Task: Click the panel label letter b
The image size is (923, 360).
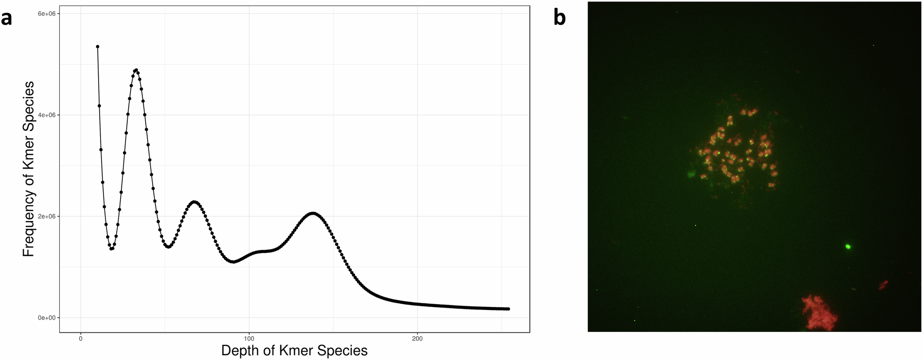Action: (x=560, y=17)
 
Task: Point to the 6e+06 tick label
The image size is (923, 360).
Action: (x=47, y=14)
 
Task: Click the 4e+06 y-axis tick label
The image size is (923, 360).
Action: (x=47, y=115)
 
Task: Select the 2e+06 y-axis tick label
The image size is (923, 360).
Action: (x=47, y=216)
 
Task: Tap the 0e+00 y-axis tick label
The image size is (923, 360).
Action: (x=47, y=318)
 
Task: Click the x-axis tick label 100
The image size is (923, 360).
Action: (x=249, y=338)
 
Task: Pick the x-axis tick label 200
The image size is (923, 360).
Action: (x=417, y=338)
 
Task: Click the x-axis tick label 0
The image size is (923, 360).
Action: (x=81, y=338)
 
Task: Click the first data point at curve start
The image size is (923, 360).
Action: (x=98, y=47)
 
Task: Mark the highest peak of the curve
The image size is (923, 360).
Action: (x=136, y=70)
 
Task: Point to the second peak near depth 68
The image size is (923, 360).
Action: (x=194, y=202)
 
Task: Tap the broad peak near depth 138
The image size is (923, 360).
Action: (x=313, y=213)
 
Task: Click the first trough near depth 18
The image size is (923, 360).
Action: (x=111, y=249)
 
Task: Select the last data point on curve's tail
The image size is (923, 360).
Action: (x=508, y=309)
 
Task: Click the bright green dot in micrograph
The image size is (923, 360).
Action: (x=848, y=247)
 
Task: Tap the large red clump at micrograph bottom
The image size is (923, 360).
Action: (x=819, y=313)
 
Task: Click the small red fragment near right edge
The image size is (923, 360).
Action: (x=883, y=285)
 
